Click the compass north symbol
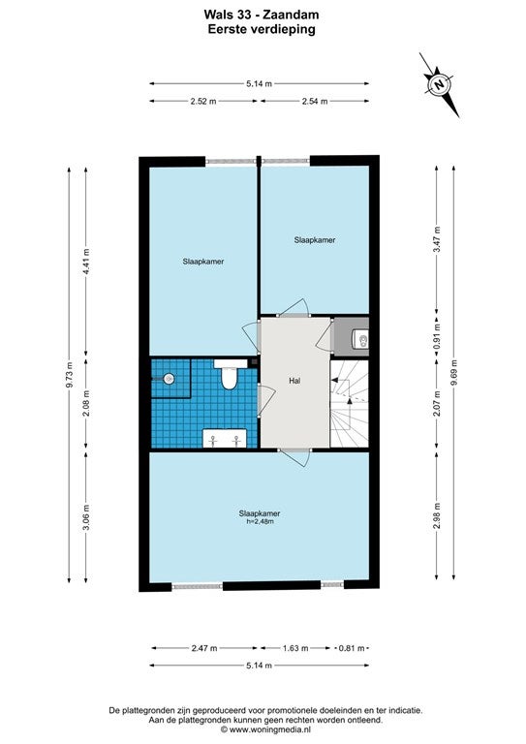pos(439,85)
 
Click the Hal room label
pos(294,381)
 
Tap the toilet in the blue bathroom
pos(230,374)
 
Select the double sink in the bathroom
pos(225,438)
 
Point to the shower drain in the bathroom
pos(169,379)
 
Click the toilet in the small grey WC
pos(360,339)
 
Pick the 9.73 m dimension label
pos(69,375)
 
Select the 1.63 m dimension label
pos(295,648)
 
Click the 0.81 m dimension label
pos(352,648)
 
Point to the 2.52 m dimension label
pos(203,101)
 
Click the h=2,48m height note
pos(260,521)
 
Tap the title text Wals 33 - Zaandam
pos(262,15)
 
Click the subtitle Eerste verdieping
pos(262,29)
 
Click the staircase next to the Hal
pos(350,404)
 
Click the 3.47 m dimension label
pos(437,239)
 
